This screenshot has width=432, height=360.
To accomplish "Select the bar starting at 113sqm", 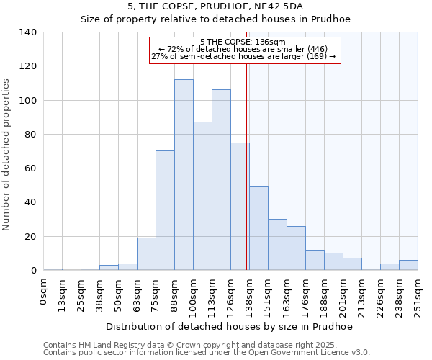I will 221,180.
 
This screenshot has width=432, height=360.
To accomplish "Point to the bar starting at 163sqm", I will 296,248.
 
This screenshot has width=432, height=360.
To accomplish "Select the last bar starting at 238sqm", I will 408,265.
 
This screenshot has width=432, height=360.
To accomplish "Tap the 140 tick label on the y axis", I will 28,32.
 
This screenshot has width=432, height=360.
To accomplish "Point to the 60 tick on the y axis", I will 32,168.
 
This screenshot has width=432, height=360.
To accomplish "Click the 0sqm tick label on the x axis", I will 44,291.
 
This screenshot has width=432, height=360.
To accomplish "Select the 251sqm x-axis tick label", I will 418,294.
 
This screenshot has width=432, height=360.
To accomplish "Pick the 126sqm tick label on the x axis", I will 231,294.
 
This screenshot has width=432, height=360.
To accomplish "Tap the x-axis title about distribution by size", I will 229,327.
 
